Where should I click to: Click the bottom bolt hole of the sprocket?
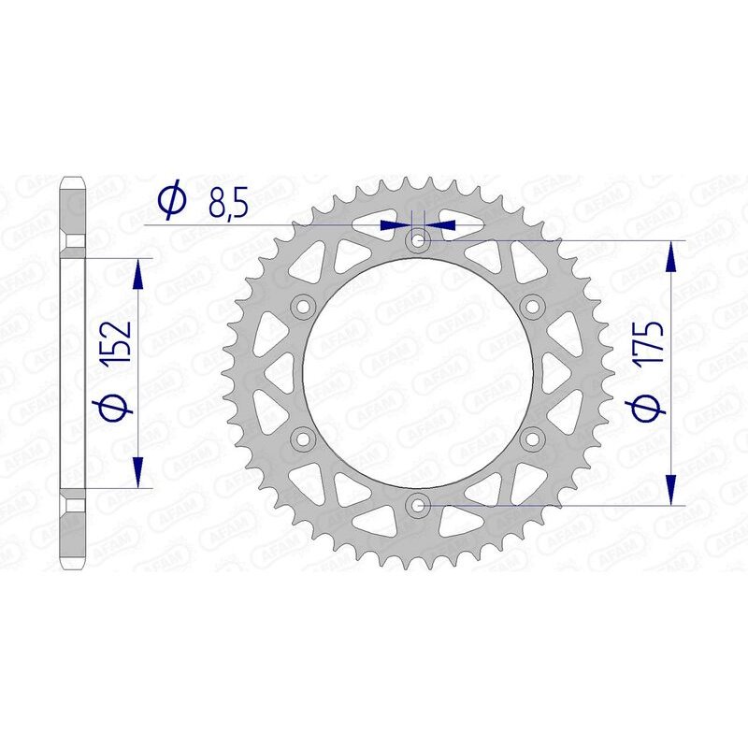point(418,506)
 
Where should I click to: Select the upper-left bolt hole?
point(303,308)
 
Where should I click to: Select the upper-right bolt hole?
point(533,308)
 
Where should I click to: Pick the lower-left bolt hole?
point(303,439)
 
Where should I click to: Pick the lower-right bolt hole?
point(533,439)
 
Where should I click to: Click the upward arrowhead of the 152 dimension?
point(138,272)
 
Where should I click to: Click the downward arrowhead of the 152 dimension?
point(138,472)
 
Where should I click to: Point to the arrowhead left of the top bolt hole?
point(394,225)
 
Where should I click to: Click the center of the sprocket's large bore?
point(418,374)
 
